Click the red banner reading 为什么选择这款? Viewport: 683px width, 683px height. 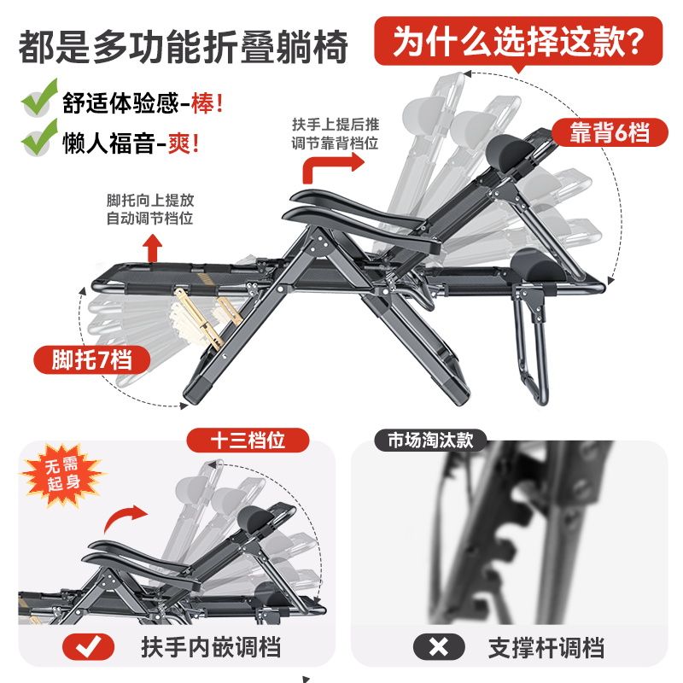(x=518, y=42)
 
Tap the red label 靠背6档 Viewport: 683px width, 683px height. (x=610, y=133)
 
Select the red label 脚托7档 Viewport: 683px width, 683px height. (x=92, y=359)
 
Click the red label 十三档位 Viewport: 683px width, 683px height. (x=248, y=441)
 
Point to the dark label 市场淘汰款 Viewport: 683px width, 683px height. (x=430, y=441)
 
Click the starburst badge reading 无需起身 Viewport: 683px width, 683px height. (x=62, y=475)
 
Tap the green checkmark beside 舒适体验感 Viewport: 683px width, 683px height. (x=39, y=98)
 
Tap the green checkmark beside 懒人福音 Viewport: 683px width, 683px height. (x=39, y=138)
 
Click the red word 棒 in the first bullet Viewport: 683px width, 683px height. (x=202, y=103)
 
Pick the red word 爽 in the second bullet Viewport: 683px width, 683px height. (x=179, y=143)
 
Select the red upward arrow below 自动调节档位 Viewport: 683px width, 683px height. (x=153, y=248)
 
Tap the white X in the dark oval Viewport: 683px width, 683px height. (x=439, y=647)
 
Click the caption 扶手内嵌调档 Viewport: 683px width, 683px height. (x=211, y=647)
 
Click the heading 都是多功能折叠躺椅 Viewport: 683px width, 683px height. (x=183, y=47)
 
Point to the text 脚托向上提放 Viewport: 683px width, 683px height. (x=150, y=201)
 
